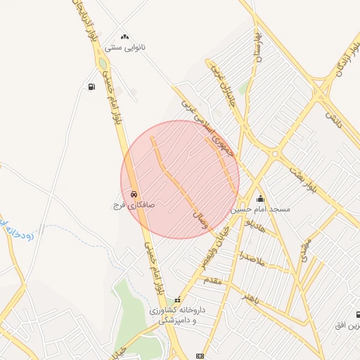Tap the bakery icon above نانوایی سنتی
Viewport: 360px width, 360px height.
click(x=125, y=36)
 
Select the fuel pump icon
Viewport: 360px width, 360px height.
click(x=91, y=87)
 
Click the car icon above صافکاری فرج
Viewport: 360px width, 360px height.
click(x=134, y=194)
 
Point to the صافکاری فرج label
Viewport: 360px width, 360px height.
click(x=129, y=205)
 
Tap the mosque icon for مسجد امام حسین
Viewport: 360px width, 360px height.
click(x=260, y=198)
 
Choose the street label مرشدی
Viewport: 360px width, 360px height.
click(x=304, y=250)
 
